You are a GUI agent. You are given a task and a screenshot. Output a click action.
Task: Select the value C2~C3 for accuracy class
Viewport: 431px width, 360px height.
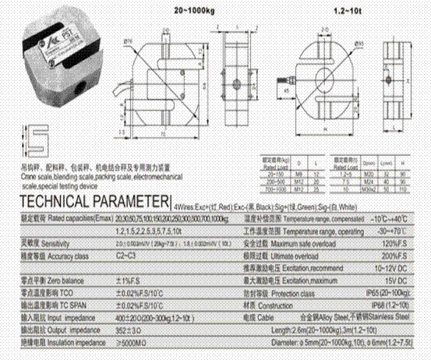click(127, 254)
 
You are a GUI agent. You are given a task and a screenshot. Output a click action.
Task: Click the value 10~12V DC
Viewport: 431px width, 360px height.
click(390, 267)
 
